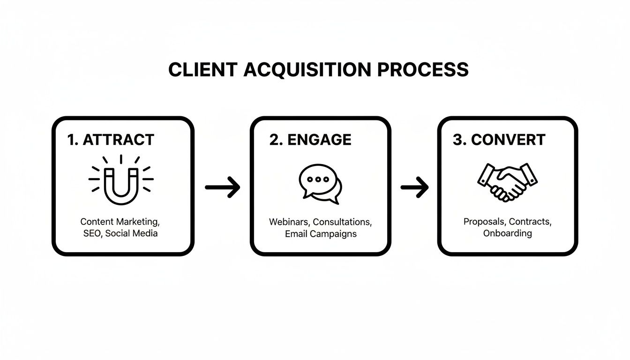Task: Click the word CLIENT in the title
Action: pos(202,69)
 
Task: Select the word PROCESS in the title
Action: pos(423,69)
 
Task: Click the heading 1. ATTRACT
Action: pos(111,140)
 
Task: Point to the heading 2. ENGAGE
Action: pos(310,140)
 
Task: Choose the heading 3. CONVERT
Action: pos(499,140)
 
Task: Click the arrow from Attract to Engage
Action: pos(223,187)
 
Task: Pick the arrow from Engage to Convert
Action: pos(415,187)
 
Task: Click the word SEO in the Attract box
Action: pos(92,233)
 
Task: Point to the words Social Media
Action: pos(131,233)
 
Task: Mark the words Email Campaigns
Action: pos(321,233)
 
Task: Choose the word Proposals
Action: pos(484,222)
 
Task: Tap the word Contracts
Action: pos(530,222)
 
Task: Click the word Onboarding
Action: pos(508,233)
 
